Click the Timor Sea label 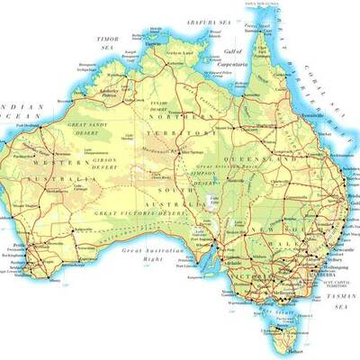click(x=108, y=43)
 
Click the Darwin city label click(x=154, y=42)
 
